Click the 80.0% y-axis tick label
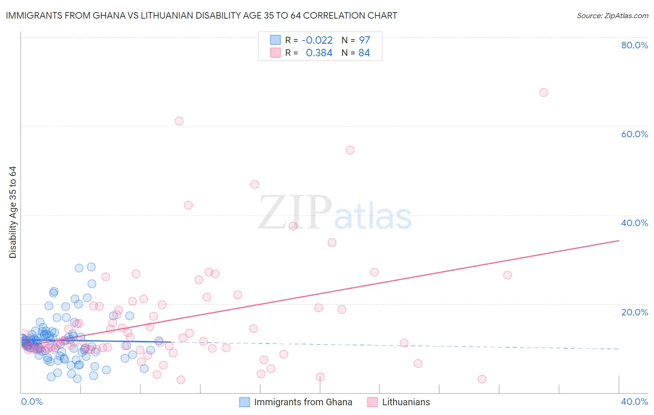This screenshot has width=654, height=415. [x=634, y=45]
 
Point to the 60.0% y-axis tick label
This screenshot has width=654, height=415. [x=634, y=134]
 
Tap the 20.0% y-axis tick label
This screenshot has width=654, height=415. [x=634, y=312]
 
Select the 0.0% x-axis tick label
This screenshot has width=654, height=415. [x=32, y=402]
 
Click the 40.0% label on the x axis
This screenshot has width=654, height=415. [x=634, y=402]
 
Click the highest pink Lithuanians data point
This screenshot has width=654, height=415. [x=543, y=93]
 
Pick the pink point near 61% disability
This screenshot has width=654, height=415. [x=179, y=121]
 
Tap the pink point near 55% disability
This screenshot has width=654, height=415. [x=350, y=150]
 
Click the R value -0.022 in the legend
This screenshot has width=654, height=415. [x=317, y=40]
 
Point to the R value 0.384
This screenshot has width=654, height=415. [x=319, y=53]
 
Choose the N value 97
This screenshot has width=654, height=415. [x=364, y=40]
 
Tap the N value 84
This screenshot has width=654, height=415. [x=364, y=53]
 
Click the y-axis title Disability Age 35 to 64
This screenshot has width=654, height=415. [x=13, y=212]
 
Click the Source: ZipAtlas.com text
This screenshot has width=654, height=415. [x=612, y=16]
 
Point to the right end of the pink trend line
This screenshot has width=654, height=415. [x=619, y=241]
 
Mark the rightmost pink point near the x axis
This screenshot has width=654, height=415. [x=482, y=379]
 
